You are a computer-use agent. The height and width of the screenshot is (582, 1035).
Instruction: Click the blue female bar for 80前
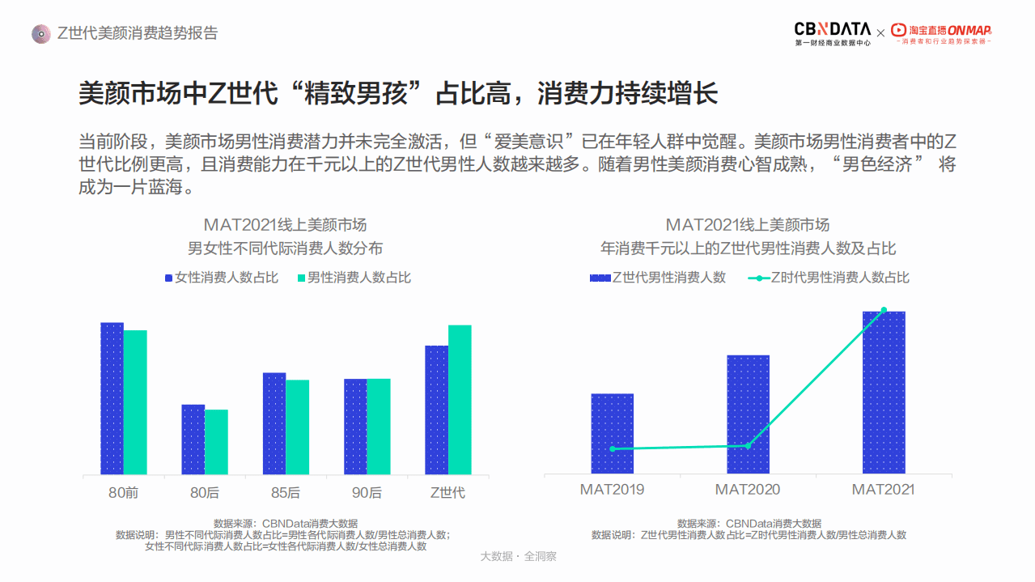[112, 398]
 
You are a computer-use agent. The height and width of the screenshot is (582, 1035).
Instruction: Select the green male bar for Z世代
[460, 400]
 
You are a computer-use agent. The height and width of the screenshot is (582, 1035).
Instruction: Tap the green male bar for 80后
[216, 442]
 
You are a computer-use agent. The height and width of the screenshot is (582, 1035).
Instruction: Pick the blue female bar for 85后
[274, 423]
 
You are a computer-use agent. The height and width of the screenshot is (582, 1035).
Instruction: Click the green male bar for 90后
[379, 427]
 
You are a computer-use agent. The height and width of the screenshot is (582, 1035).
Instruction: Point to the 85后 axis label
[286, 492]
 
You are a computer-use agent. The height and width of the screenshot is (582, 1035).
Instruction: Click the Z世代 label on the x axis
[448, 492]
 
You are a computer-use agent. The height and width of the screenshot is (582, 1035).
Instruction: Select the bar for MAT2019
[613, 434]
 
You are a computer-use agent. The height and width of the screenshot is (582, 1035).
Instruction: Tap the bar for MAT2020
[748, 414]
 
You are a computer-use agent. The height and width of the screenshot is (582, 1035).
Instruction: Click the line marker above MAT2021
[884, 309]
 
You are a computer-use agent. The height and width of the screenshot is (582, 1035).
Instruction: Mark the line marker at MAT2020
[748, 445]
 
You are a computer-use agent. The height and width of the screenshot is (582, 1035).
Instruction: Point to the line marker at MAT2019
[613, 448]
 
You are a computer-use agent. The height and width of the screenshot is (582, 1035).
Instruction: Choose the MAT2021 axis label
[883, 490]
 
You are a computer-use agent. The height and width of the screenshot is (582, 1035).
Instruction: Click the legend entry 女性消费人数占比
[222, 278]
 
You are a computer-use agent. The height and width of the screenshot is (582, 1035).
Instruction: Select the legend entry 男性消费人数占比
[354, 278]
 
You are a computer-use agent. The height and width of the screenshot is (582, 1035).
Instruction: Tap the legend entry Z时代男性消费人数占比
[829, 278]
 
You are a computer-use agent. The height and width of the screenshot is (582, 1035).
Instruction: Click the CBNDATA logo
[833, 33]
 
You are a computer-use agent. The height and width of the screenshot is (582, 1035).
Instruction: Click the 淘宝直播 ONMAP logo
[941, 33]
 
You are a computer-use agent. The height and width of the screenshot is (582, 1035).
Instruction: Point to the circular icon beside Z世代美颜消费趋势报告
[40, 34]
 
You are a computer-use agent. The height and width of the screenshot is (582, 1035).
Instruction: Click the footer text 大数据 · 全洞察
[518, 557]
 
